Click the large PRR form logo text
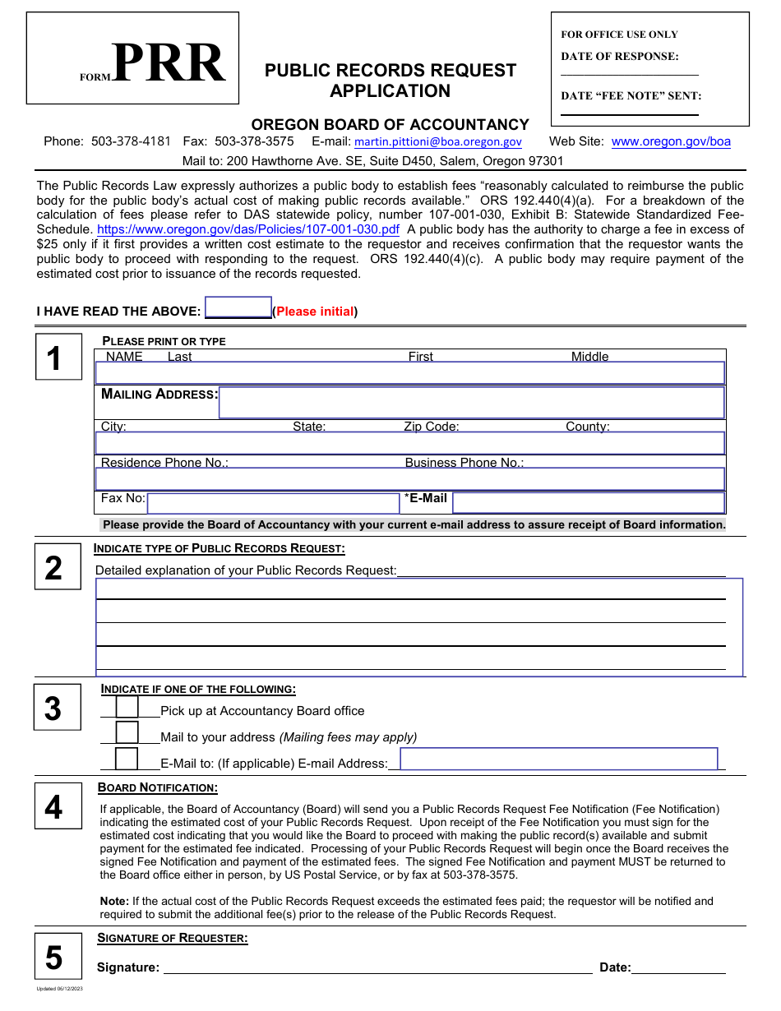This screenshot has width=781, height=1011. (168, 64)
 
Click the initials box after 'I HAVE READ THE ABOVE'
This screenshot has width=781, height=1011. (238, 307)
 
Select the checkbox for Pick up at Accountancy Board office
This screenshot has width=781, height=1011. (127, 707)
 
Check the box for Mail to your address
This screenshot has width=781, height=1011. (127, 733)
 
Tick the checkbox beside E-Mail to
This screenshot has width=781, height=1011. (127, 759)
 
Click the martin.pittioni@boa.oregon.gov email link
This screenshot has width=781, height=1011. (437, 142)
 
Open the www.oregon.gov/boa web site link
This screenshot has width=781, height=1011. (671, 141)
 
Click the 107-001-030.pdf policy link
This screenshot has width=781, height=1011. (248, 229)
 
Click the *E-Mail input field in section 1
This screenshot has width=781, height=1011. (589, 503)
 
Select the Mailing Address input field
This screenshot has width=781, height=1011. (471, 403)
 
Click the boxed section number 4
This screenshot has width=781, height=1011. (53, 807)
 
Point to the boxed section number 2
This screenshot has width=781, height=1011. (53, 568)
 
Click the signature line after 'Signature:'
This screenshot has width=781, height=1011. (378, 967)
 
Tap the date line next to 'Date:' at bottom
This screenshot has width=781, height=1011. (679, 967)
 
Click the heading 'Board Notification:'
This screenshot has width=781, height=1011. (158, 787)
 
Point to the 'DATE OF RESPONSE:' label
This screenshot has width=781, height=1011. (620, 57)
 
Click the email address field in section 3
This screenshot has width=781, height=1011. (559, 759)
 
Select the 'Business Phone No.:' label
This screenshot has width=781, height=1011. (464, 463)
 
